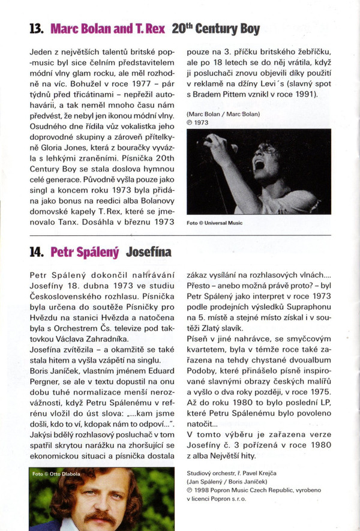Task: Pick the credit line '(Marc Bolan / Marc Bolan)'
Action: coord(223,113)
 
